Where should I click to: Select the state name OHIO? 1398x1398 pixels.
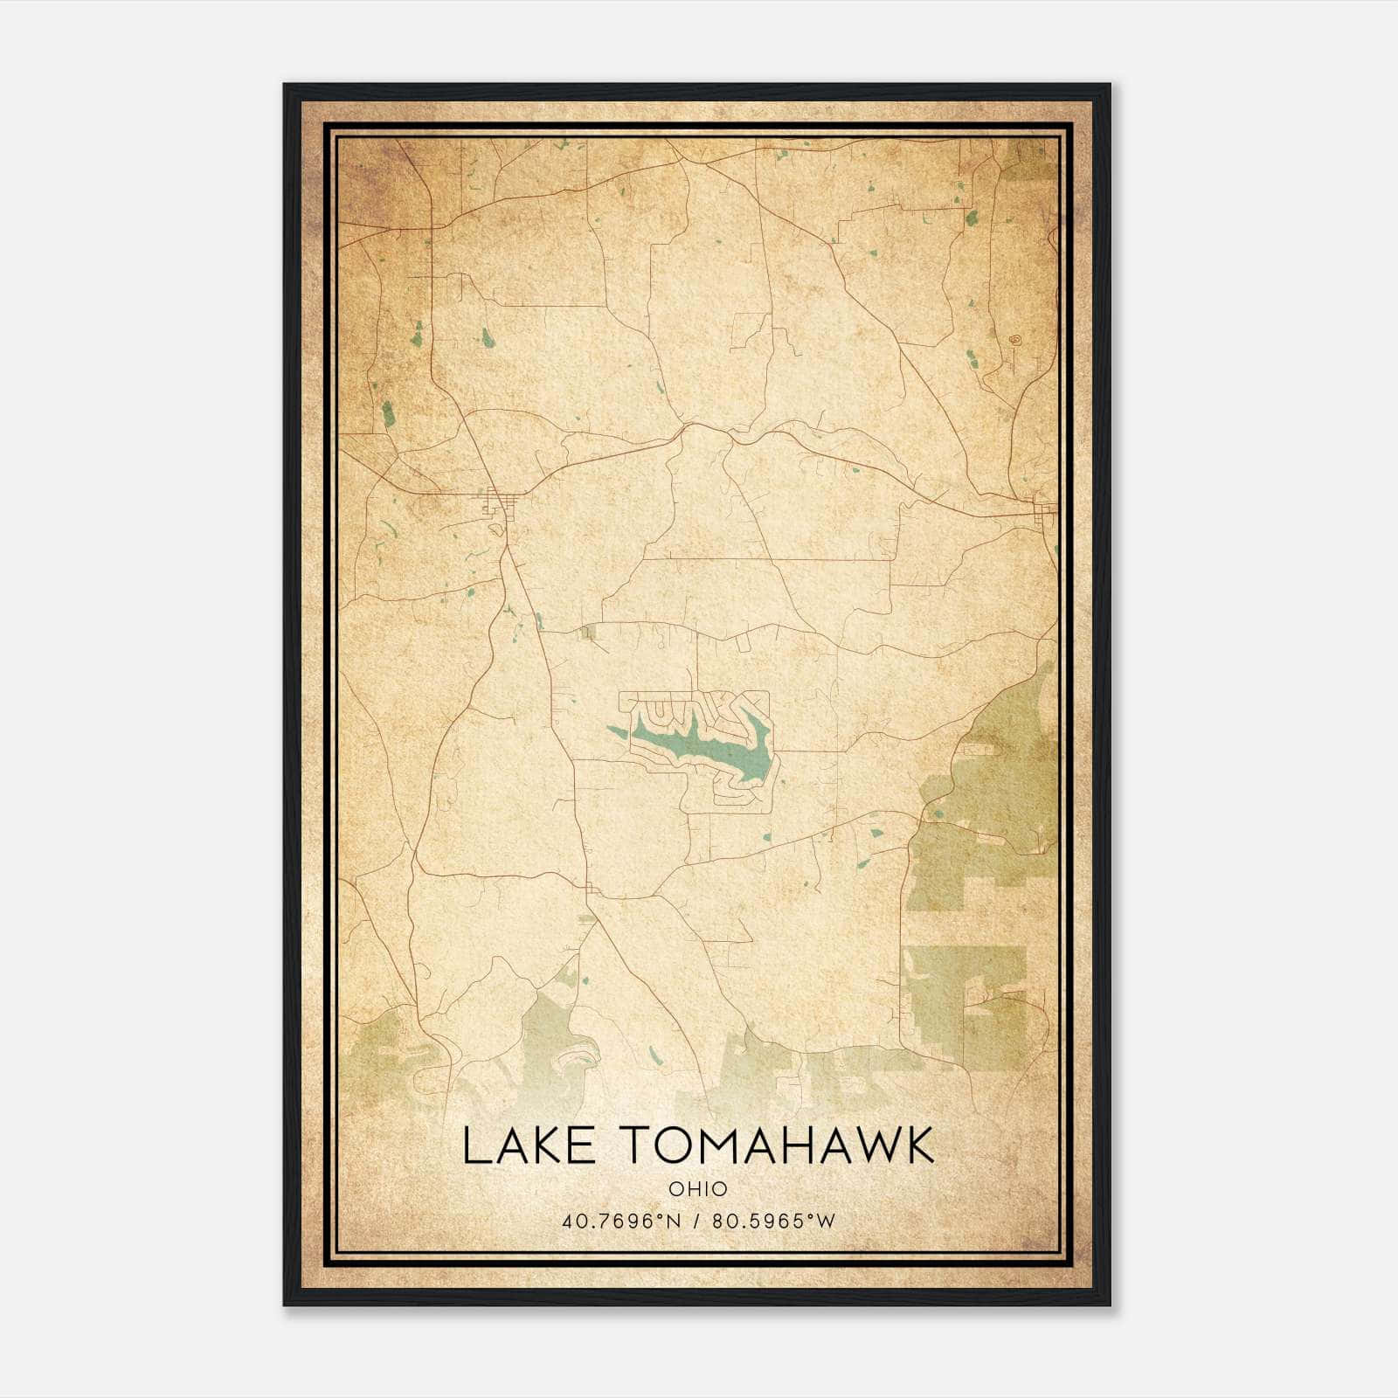pyautogui.click(x=697, y=1189)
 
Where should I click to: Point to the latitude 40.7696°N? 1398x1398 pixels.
pyautogui.click(x=621, y=1222)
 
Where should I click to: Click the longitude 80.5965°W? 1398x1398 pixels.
pyautogui.click(x=774, y=1222)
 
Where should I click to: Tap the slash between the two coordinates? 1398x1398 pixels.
pyautogui.click(x=697, y=1222)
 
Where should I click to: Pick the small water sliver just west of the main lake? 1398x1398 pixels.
pyautogui.click(x=617, y=730)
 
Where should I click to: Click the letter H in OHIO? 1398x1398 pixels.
pyautogui.click(x=690, y=1189)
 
